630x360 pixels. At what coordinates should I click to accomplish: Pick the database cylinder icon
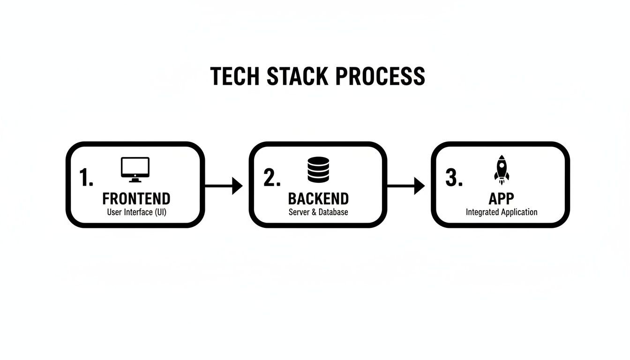pos(318,170)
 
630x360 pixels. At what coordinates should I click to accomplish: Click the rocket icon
pos(501,169)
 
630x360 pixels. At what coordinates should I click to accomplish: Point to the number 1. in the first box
pos(86,178)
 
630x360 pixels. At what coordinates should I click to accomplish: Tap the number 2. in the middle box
pos(272,178)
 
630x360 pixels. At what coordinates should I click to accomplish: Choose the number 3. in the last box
pos(454,178)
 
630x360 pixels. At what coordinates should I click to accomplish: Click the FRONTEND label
pos(136,199)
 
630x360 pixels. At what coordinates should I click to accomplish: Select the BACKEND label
pos(318,199)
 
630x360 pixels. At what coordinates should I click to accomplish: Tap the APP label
pos(501,199)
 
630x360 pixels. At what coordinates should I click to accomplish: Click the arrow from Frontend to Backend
pos(224,186)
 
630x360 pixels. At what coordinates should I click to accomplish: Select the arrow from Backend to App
pos(406,186)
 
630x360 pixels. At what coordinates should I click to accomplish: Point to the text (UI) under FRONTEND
pos(160,212)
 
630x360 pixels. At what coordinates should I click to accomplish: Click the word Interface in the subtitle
pos(138,212)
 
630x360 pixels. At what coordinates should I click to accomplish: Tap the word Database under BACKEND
pos(333,212)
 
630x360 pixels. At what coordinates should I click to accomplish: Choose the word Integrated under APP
pos(482,212)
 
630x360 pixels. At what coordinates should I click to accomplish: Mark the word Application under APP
pos(519,212)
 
